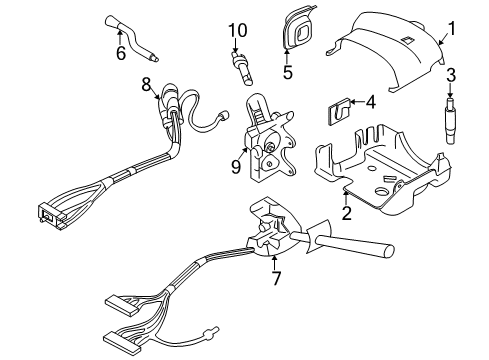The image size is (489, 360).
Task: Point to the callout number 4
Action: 370,101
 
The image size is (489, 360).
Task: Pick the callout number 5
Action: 287,72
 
